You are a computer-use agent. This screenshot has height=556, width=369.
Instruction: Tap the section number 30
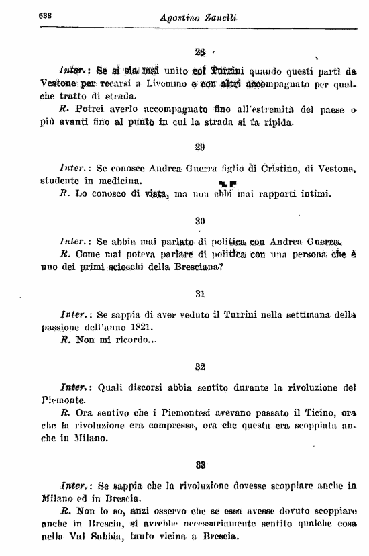coord(199,220)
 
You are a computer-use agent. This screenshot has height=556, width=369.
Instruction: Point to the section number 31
coord(199,293)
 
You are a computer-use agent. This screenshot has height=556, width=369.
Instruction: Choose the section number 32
coord(199,367)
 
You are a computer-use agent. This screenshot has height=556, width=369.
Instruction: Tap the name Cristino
coord(291,169)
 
